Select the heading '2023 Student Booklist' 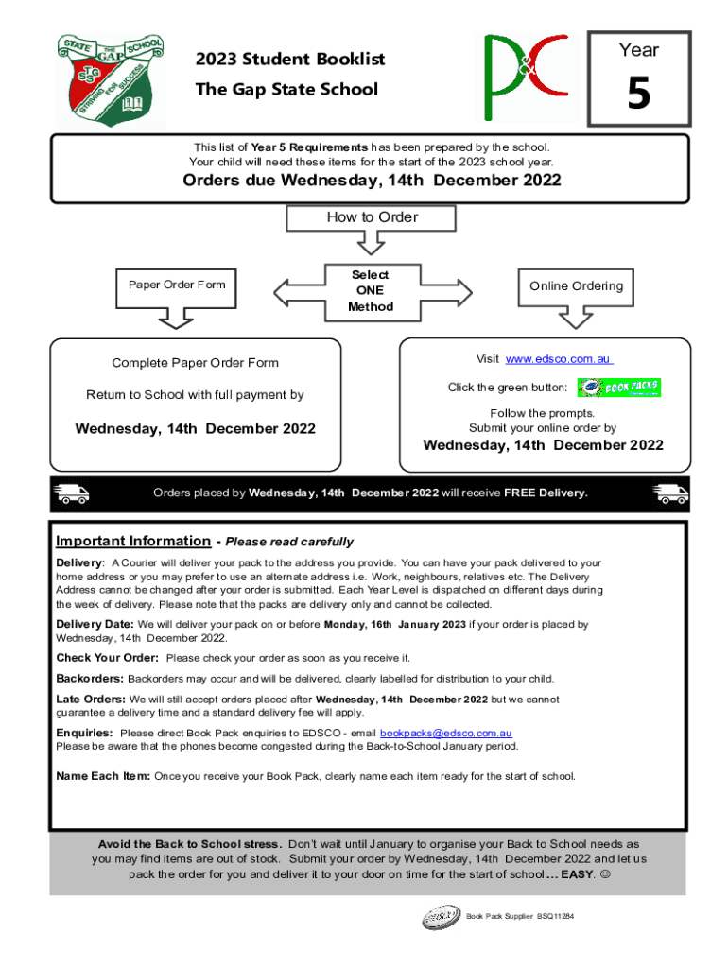(x=290, y=60)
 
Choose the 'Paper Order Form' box (x=170, y=285)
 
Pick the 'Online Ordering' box (x=576, y=285)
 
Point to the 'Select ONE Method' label (x=371, y=290)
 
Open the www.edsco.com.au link (x=559, y=359)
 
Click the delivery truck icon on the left (x=72, y=493)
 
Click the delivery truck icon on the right (x=671, y=493)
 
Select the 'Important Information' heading (x=132, y=541)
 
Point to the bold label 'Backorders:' (x=90, y=679)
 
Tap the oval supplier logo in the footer (x=441, y=918)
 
